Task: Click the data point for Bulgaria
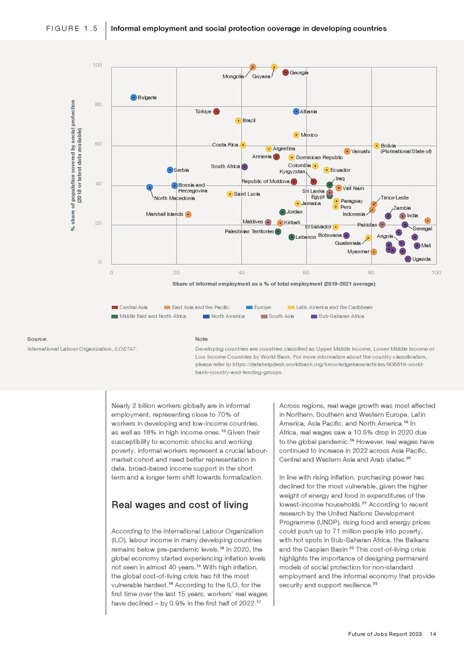pyautogui.click(x=134, y=98)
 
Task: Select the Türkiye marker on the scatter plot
pyautogui.click(x=217, y=111)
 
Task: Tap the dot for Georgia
pyautogui.click(x=285, y=72)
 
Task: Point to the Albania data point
pyautogui.click(x=296, y=111)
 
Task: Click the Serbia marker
pyautogui.click(x=170, y=171)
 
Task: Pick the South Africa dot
pyautogui.click(x=245, y=167)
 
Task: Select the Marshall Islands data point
pyautogui.click(x=188, y=214)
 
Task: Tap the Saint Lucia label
pyautogui.click(x=247, y=194)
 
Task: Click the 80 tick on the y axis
pyautogui.click(x=98, y=105)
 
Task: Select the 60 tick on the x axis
pyautogui.click(x=306, y=273)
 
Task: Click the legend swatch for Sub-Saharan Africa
pyautogui.click(x=314, y=316)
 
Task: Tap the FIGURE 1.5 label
pyautogui.click(x=71, y=29)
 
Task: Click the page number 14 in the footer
pyautogui.click(x=432, y=634)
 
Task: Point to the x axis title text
pyautogui.click(x=273, y=284)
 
